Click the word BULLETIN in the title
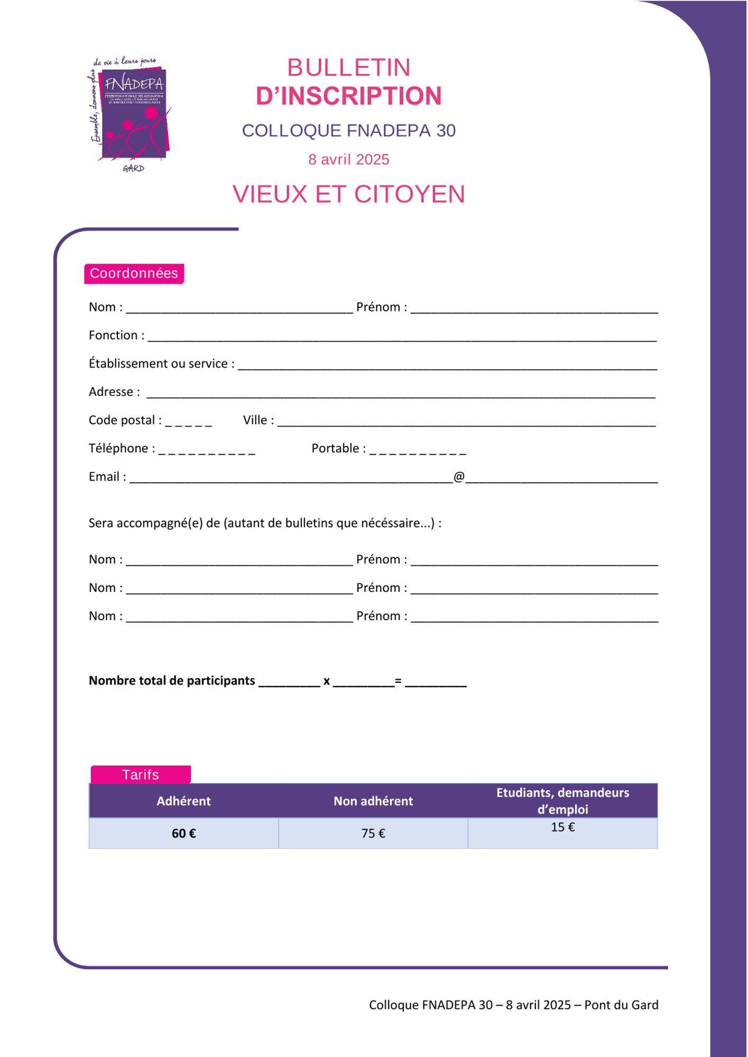tap(348, 68)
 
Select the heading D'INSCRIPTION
tap(348, 96)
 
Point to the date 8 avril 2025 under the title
tap(348, 160)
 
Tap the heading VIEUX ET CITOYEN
tap(348, 194)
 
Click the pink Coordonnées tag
tap(134, 273)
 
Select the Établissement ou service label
tap(161, 364)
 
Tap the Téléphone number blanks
tap(207, 451)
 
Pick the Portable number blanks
tap(418, 451)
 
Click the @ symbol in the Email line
tap(459, 477)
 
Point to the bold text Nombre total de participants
tap(172, 681)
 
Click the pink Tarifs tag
tap(141, 775)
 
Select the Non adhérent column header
tap(373, 801)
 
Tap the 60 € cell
tap(183, 833)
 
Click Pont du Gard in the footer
tap(621, 1005)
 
